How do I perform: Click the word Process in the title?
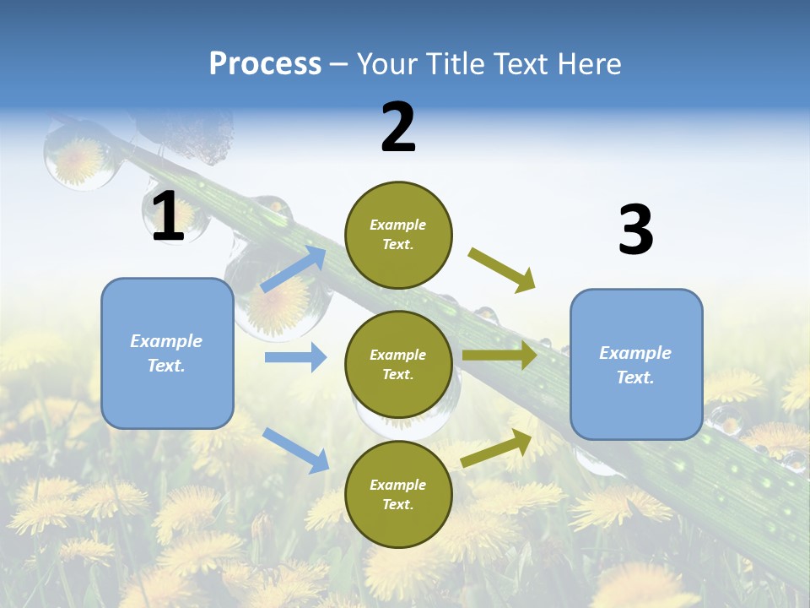pyautogui.click(x=265, y=64)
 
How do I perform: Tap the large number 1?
pyautogui.click(x=168, y=217)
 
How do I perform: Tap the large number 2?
pyautogui.click(x=398, y=128)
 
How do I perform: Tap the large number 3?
pyautogui.click(x=635, y=231)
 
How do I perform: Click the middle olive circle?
pyautogui.click(x=398, y=364)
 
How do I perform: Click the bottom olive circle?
pyautogui.click(x=398, y=494)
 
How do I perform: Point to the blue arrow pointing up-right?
pyautogui.click(x=294, y=269)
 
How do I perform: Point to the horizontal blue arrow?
pyautogui.click(x=295, y=357)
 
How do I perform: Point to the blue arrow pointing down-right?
pyautogui.click(x=295, y=449)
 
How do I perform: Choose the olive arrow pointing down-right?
pyautogui.click(x=502, y=270)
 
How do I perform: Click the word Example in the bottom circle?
pyautogui.click(x=398, y=485)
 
